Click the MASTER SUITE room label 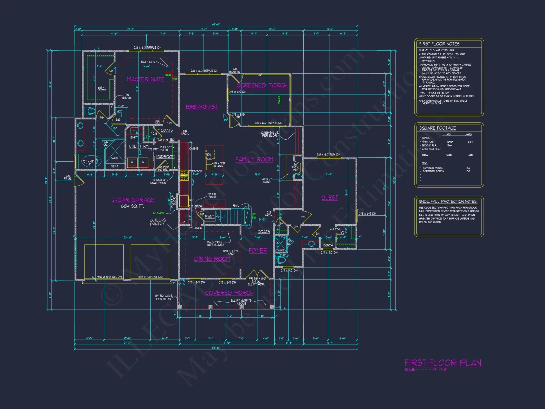click(x=146, y=79)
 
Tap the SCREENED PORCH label click(x=262, y=85)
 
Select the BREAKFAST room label click(x=202, y=107)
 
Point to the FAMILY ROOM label click(x=254, y=159)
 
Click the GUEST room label click(x=329, y=198)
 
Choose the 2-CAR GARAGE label click(x=133, y=200)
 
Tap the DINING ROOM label click(x=212, y=259)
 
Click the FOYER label click(x=258, y=251)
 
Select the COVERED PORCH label click(x=229, y=293)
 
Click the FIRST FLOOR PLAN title click(x=443, y=363)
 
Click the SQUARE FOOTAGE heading click(x=437, y=128)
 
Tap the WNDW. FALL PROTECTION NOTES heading click(x=448, y=202)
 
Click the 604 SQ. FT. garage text click(x=132, y=206)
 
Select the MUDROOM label click(x=165, y=157)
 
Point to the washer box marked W click(x=132, y=162)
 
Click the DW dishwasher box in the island click(x=210, y=154)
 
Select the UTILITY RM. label click(x=139, y=146)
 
